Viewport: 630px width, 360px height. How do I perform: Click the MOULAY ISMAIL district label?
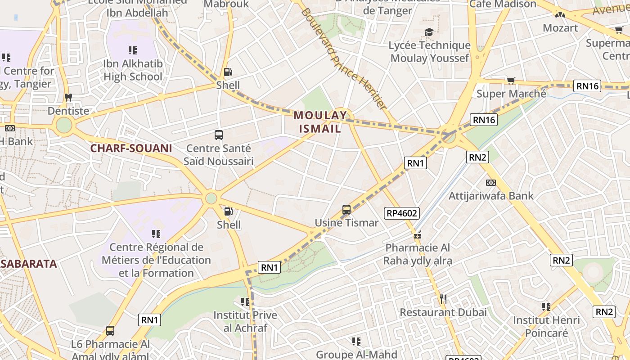coord(320,122)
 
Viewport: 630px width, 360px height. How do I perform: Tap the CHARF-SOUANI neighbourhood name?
coord(131,148)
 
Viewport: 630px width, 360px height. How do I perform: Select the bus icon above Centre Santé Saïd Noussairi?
coord(219,135)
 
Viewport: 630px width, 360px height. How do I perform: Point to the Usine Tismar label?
coord(346,223)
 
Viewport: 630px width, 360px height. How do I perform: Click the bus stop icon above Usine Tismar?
coord(346,209)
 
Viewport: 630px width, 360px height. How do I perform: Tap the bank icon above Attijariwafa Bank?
coord(491,183)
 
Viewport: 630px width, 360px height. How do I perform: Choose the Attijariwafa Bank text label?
coord(491,196)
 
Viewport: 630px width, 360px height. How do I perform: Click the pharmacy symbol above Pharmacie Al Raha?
coord(417,235)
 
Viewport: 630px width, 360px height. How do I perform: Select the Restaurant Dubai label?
coord(443,312)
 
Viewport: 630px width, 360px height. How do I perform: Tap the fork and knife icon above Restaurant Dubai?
coord(443,299)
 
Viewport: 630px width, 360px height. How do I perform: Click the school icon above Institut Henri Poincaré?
coord(546,307)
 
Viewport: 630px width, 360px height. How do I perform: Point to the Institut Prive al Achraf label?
coord(245,321)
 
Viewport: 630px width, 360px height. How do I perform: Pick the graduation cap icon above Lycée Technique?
coord(429,32)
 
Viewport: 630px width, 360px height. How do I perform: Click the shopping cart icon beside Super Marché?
coord(511,81)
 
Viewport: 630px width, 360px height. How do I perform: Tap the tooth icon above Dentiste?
coord(68,97)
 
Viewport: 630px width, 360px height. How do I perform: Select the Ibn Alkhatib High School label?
coord(133,70)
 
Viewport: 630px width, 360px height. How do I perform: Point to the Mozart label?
coord(560,28)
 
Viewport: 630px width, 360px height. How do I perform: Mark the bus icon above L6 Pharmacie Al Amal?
coord(110,331)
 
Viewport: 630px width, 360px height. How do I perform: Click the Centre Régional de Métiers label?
coord(156,260)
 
